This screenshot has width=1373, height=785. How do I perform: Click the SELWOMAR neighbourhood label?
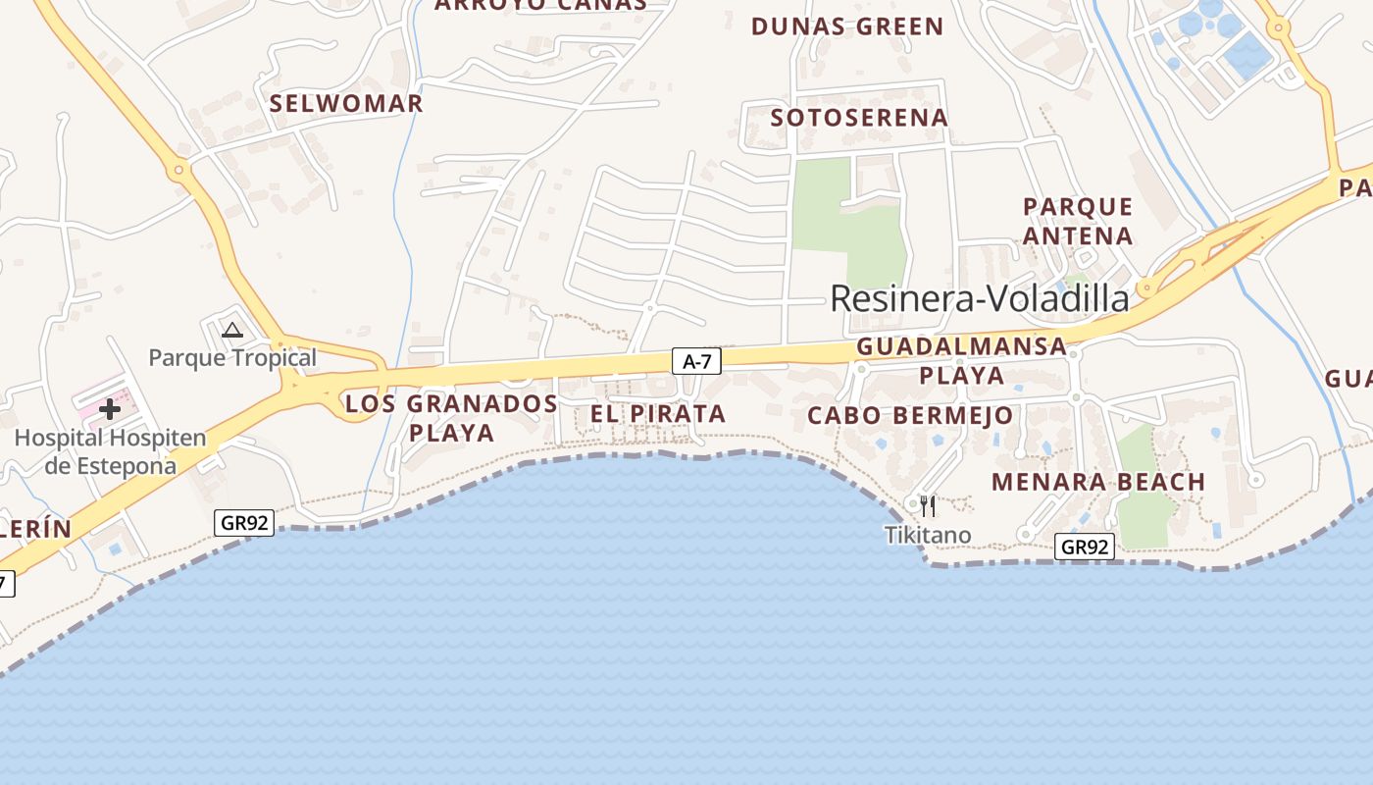346,103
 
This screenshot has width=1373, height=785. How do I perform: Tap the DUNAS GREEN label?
847,26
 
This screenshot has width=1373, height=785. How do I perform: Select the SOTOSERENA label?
859,118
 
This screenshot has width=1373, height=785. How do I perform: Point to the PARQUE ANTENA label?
1078,221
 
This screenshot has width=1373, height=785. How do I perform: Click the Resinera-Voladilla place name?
979,298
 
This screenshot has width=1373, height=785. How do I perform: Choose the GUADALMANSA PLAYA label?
961,360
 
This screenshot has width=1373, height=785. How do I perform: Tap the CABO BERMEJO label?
910,415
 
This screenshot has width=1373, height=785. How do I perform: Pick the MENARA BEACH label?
1097,482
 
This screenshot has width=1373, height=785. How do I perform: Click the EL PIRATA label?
658,414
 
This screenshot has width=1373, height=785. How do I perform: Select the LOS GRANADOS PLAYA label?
451,417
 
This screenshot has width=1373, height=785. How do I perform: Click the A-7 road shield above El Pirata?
696,361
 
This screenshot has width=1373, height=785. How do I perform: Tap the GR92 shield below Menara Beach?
1085,547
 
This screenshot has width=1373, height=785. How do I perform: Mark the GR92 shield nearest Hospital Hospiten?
244,523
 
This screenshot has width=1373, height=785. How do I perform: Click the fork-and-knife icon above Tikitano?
927,505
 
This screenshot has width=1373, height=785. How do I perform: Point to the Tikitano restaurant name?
928,535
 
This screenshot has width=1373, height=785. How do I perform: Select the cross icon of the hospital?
109,408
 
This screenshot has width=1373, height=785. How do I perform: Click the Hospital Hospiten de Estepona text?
110,451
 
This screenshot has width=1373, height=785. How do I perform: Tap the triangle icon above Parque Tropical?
232,331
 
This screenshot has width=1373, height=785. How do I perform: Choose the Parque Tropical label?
232,357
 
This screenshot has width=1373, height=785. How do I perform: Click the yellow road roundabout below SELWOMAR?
178,170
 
